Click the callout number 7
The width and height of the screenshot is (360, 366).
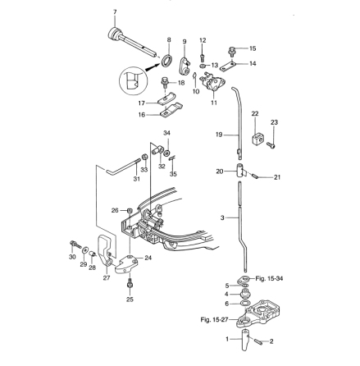point(115,11)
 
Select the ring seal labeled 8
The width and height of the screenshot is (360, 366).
point(166,61)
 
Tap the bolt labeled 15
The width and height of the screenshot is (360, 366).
point(232,52)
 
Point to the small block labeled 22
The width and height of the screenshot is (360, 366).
point(257,139)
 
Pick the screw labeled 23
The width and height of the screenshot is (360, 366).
point(271,144)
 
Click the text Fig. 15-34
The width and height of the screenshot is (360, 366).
point(269,279)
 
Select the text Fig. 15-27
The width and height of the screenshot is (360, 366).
point(214,319)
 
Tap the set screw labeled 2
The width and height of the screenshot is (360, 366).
point(257,341)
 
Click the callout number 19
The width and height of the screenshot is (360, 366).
point(219,135)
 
